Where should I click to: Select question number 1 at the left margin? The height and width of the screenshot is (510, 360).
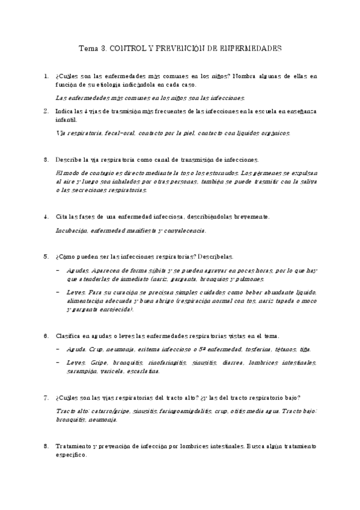46,76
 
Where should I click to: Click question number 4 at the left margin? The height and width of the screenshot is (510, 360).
46,217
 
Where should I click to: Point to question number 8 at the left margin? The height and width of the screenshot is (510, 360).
46,446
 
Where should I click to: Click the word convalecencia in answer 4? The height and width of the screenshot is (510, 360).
184,230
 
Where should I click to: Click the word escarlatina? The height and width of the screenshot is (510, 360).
142,372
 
